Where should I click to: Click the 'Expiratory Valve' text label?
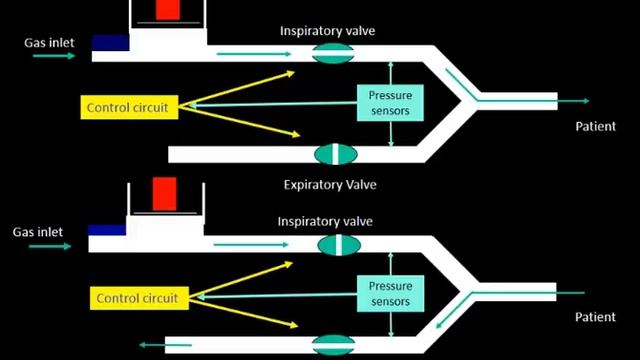tap(330, 184)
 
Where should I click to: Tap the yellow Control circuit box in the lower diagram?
tap(139, 297)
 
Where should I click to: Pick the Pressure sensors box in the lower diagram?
tap(389, 293)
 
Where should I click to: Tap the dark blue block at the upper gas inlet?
tap(110, 43)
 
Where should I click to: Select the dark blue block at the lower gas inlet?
tap(106, 230)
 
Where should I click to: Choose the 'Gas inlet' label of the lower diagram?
tap(38, 232)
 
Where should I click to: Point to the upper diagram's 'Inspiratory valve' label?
tap(328, 30)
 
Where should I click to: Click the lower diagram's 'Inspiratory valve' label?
tap(328, 221)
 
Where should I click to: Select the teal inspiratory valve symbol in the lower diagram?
tap(337, 244)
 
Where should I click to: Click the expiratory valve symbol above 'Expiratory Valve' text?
tap(336, 154)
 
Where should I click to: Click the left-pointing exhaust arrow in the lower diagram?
tap(151, 345)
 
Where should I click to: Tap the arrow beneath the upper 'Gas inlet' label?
tap(53, 56)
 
